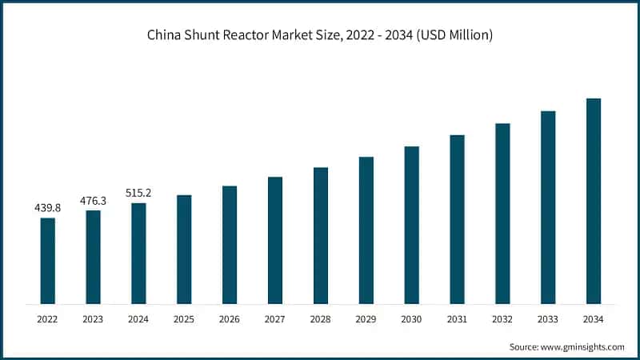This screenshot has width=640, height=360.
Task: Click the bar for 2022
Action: pyautogui.click(x=48, y=261)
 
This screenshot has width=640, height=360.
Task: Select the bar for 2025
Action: pyautogui.click(x=184, y=250)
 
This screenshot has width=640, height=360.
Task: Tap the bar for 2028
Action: pyautogui.click(x=321, y=236)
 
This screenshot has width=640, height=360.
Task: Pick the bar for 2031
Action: pyautogui.click(x=457, y=220)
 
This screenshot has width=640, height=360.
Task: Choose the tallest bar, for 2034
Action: pyautogui.click(x=594, y=202)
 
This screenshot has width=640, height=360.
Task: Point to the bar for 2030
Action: pyautogui.click(x=411, y=226)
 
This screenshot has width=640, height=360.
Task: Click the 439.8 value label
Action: pyautogui.click(x=48, y=208)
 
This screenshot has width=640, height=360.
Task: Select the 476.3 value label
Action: pyautogui.click(x=94, y=201)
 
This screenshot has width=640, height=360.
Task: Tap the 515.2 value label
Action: pyautogui.click(x=139, y=193)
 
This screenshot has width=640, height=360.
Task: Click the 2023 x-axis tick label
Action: pyautogui.click(x=94, y=319)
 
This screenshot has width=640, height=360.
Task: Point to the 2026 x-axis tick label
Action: pyautogui.click(x=230, y=319)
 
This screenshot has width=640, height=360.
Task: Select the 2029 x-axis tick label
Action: pyautogui.click(x=366, y=319)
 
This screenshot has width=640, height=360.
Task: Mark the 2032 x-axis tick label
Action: pyautogui.click(x=502, y=319)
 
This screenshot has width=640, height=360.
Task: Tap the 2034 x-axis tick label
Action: pyautogui.click(x=594, y=319)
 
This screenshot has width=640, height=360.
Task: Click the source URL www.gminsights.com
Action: pyautogui.click(x=582, y=346)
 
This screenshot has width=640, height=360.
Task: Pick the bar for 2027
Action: pyautogui.click(x=275, y=241)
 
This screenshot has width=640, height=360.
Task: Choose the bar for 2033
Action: pyautogui.click(x=548, y=208)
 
